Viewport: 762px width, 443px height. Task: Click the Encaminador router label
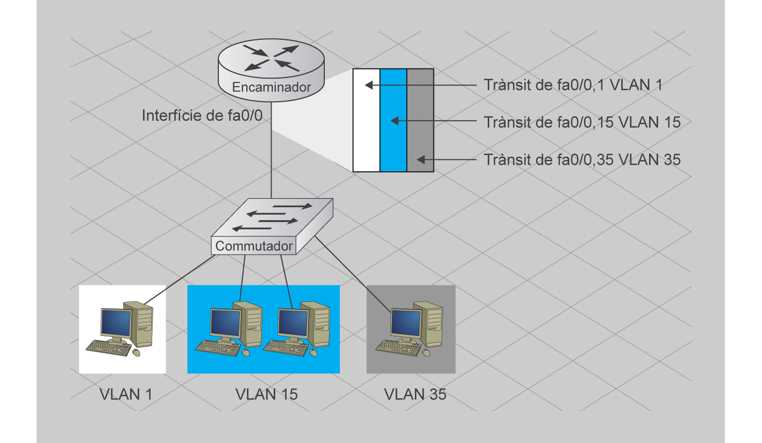(x=272, y=87)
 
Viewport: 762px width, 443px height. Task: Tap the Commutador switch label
(x=254, y=247)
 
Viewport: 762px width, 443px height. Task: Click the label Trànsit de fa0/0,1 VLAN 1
(x=573, y=85)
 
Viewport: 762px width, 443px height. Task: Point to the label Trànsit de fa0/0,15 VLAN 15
(x=582, y=122)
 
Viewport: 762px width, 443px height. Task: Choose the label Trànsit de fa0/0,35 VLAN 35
(x=582, y=160)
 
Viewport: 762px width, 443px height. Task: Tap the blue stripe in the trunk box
(x=393, y=140)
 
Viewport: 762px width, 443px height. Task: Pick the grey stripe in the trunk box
(x=420, y=129)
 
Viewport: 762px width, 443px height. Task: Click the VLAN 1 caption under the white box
(x=126, y=394)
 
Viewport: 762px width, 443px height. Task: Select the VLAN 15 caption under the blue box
(x=266, y=394)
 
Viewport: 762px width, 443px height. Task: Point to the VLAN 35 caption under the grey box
(x=415, y=394)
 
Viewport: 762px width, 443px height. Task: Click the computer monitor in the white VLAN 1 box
(x=116, y=323)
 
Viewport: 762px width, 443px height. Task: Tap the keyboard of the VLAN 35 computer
(x=397, y=348)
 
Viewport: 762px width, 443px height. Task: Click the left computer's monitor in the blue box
(x=225, y=323)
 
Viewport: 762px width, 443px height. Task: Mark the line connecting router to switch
(x=272, y=161)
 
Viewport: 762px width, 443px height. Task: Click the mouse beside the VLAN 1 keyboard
(x=136, y=352)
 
